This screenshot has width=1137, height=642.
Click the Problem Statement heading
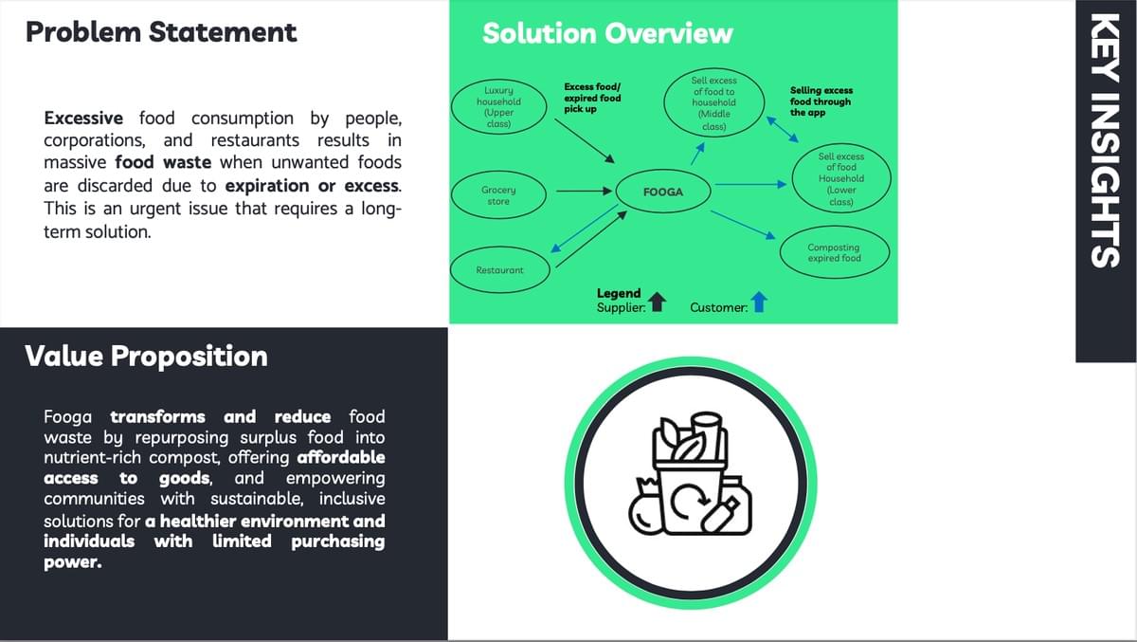click(161, 32)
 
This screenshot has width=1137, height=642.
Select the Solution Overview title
click(607, 34)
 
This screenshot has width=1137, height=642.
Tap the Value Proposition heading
click(146, 357)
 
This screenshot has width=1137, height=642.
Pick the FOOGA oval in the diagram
click(662, 193)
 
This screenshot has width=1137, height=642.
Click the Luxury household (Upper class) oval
click(498, 107)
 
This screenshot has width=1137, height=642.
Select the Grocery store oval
click(498, 195)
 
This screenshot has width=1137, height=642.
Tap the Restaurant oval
click(499, 270)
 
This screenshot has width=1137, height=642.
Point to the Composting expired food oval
click(834, 253)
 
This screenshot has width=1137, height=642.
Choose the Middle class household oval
click(713, 103)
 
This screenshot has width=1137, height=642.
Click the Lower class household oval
click(840, 178)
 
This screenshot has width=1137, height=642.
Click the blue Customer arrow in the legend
click(759, 303)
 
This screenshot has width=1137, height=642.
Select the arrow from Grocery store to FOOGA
click(583, 193)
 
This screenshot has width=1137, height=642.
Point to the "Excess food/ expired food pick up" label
click(592, 97)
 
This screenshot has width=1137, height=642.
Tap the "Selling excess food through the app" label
click(821, 101)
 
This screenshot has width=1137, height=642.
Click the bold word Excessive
click(83, 119)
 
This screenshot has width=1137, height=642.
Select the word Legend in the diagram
click(619, 293)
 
